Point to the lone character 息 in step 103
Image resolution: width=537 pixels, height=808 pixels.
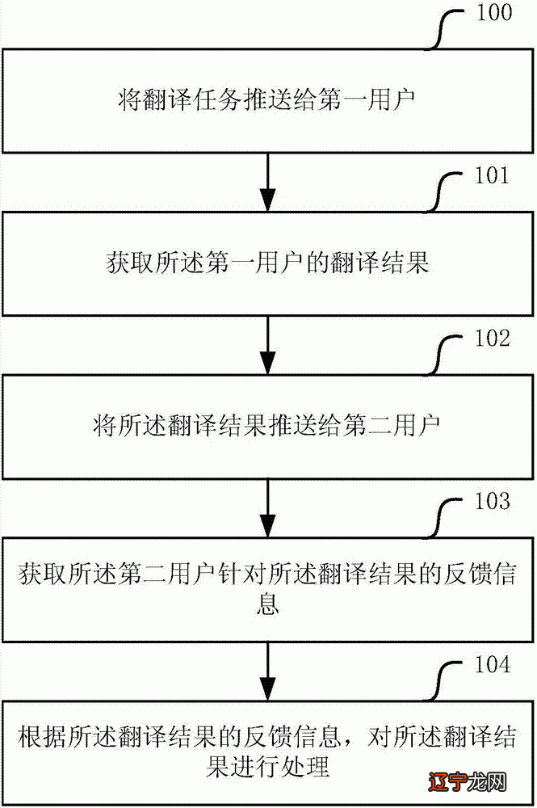click(267, 604)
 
